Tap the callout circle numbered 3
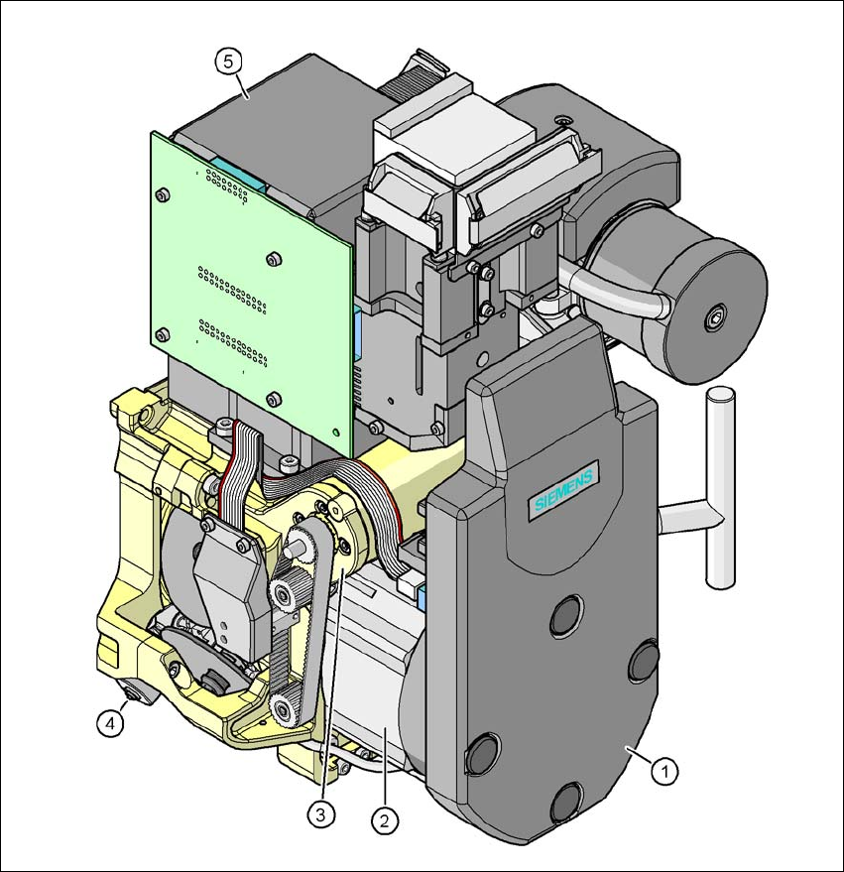[x=318, y=814]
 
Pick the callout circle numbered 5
[x=228, y=61]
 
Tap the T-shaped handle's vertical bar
[x=718, y=486]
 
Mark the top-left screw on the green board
[x=164, y=194]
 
